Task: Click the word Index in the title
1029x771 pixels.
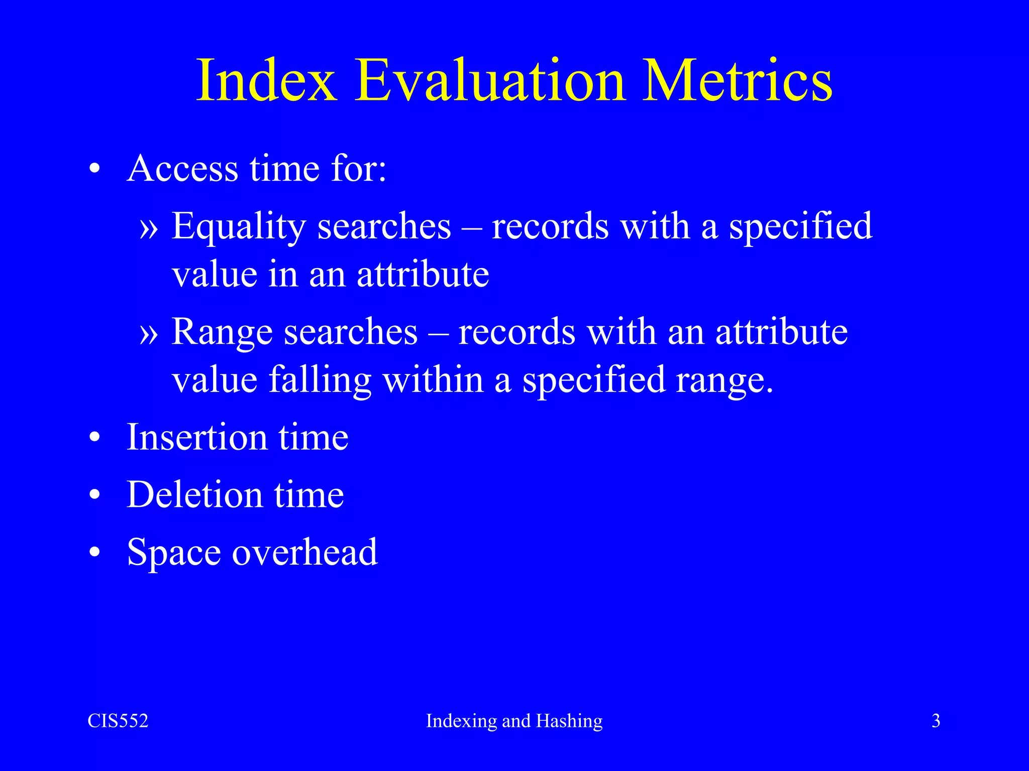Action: [266, 80]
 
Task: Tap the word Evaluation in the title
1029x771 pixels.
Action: [490, 80]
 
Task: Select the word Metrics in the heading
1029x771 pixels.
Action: [737, 80]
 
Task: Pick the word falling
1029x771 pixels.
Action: [320, 380]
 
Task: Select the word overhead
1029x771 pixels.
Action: [304, 552]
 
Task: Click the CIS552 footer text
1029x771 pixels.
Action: [118, 721]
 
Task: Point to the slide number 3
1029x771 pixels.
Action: [936, 721]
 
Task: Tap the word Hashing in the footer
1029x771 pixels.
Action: [569, 721]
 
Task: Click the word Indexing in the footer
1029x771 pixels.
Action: [461, 721]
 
